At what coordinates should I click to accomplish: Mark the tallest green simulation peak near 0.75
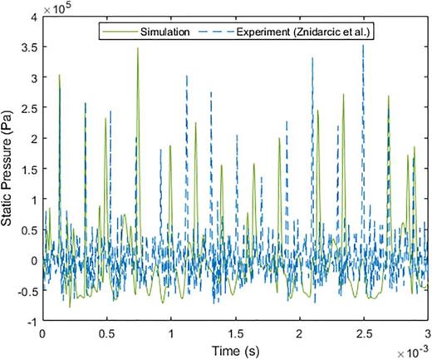tap(138, 49)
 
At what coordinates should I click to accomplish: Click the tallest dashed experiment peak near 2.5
tap(363, 46)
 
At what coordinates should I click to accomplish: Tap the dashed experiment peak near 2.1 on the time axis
tap(312, 59)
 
